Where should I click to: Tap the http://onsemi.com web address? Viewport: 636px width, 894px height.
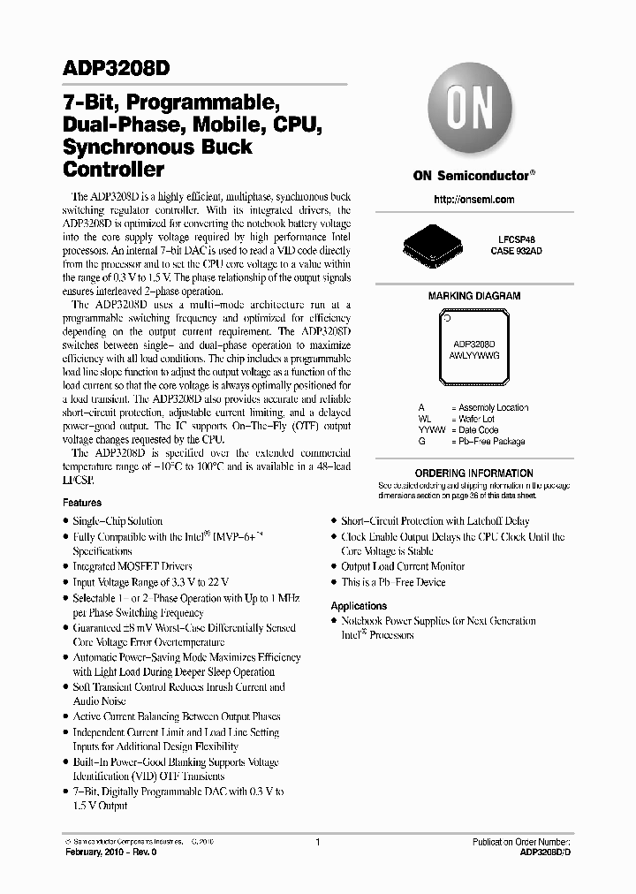coord(474,200)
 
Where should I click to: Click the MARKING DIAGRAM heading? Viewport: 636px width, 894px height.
coord(474,296)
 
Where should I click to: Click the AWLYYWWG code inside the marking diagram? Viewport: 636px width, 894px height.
coord(474,353)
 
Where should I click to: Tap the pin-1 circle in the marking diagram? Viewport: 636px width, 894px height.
coord(447,319)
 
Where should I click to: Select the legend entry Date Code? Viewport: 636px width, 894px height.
coord(478,430)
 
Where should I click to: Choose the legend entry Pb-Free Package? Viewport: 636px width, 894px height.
coord(488,441)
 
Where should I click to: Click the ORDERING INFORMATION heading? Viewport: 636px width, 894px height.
coord(474,474)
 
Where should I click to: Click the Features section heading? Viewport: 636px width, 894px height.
coord(82,503)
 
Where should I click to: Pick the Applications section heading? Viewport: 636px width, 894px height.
coord(359,606)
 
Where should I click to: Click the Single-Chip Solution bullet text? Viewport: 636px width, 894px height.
coord(117,521)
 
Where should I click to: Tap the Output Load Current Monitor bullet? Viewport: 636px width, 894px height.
coord(403,566)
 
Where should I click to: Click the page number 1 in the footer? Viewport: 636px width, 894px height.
coord(316,843)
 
